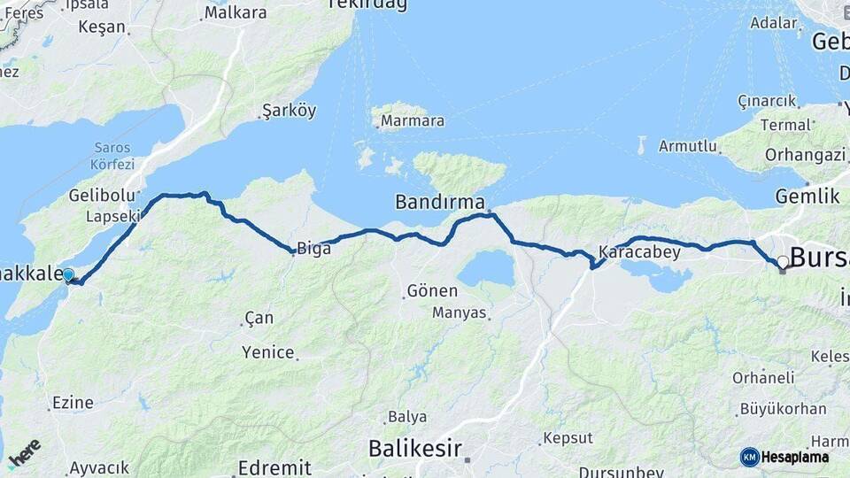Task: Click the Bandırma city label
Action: coord(440,202)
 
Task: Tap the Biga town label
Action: coord(313,249)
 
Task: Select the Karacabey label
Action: coord(639,252)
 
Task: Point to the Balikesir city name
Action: coord(415,448)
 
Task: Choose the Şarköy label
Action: coord(289,112)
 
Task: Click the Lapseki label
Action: coord(113,215)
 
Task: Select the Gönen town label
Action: coord(432,290)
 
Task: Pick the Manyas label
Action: coord(460,312)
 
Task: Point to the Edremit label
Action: coord(274,467)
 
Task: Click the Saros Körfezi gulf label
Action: coord(112,156)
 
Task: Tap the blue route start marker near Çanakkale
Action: coord(69,275)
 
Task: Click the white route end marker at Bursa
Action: coord(783,262)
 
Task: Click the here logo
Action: coord(24,454)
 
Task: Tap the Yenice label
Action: coord(267,352)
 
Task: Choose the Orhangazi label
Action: coord(809,155)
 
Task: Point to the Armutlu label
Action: coord(687,146)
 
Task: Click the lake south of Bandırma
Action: coord(486,268)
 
